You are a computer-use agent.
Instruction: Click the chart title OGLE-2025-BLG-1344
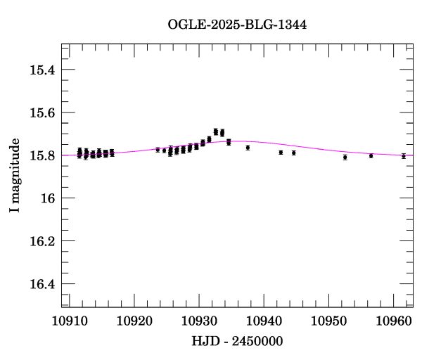click(237, 25)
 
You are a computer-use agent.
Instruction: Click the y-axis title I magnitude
click(15, 176)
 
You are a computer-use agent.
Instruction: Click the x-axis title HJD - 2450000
click(237, 341)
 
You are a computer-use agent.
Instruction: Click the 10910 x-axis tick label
click(69, 321)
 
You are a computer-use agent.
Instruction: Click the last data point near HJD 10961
click(403, 156)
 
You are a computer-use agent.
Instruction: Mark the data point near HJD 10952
click(345, 157)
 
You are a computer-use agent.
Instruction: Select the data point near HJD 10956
click(371, 155)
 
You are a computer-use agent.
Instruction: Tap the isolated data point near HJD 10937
click(248, 148)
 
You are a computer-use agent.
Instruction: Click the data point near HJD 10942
click(281, 152)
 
